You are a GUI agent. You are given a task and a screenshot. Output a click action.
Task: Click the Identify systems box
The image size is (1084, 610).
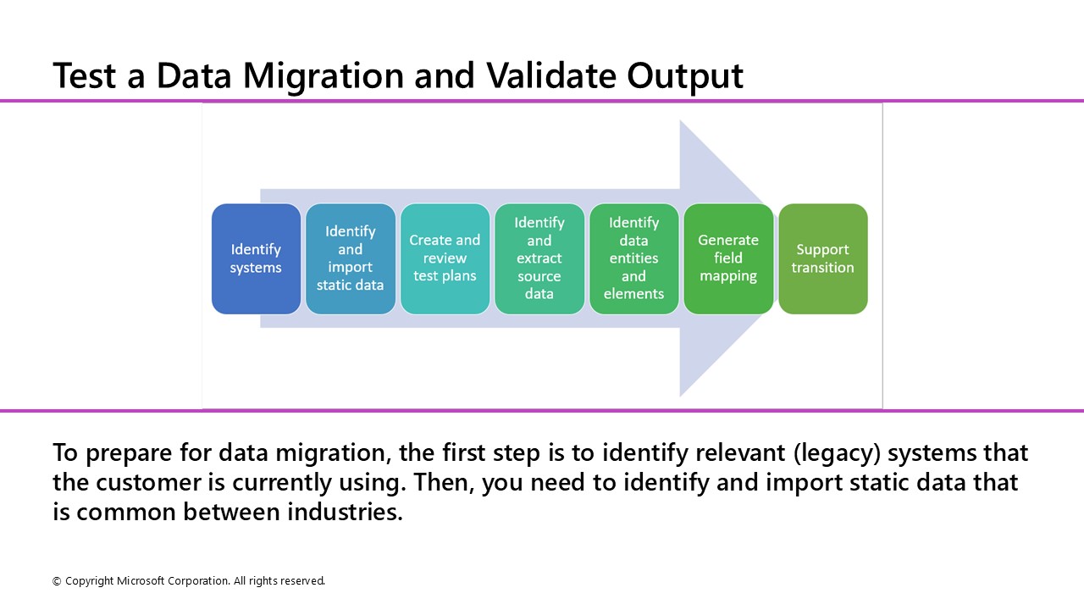256,258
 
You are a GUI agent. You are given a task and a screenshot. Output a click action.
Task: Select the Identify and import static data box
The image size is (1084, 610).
351,258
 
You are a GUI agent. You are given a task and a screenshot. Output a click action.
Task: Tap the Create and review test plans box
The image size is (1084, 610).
445,258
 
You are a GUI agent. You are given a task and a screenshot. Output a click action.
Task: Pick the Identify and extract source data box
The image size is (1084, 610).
539,258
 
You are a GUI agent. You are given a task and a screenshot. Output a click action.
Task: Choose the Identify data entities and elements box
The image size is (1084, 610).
633,258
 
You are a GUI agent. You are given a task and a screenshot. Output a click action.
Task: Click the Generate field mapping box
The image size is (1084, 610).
728,258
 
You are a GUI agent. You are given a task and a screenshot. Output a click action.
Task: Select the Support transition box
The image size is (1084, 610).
822,258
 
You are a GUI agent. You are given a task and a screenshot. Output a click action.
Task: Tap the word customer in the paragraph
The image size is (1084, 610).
169,483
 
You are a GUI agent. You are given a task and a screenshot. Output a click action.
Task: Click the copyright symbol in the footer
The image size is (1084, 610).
57,581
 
